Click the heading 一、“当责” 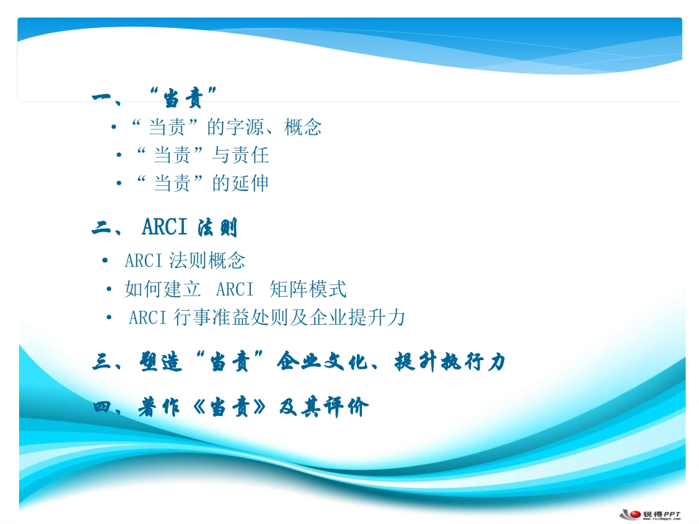point(155,97)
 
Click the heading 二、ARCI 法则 point(165,229)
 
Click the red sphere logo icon point(631,514)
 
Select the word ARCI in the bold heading point(165,228)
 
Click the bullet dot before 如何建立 point(109,290)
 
